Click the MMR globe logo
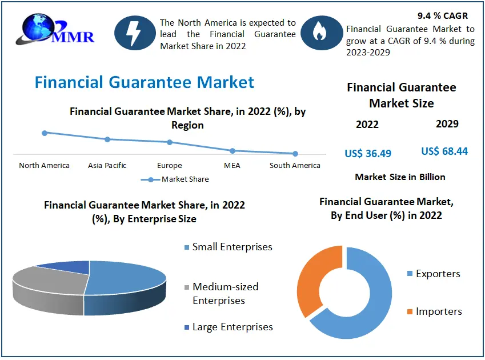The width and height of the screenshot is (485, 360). click(x=55, y=29)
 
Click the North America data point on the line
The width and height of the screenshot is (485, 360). click(x=45, y=133)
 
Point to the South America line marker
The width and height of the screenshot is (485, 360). click(x=295, y=154)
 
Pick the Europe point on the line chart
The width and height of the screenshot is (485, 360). click(x=170, y=142)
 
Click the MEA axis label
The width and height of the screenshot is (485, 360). click(x=232, y=166)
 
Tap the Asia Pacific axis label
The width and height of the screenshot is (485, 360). click(x=107, y=166)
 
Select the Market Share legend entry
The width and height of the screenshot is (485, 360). click(x=175, y=179)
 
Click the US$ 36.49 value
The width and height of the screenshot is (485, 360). click(x=368, y=153)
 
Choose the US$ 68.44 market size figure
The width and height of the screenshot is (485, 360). click(x=444, y=151)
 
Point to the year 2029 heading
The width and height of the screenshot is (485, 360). click(x=447, y=123)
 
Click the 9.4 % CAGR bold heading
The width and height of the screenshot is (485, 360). click(x=443, y=16)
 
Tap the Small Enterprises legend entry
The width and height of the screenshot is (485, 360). click(x=229, y=247)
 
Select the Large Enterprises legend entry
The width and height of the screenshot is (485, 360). click(x=229, y=327)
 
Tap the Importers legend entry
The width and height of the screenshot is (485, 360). click(x=435, y=311)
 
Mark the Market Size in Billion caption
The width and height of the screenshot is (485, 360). click(x=400, y=177)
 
